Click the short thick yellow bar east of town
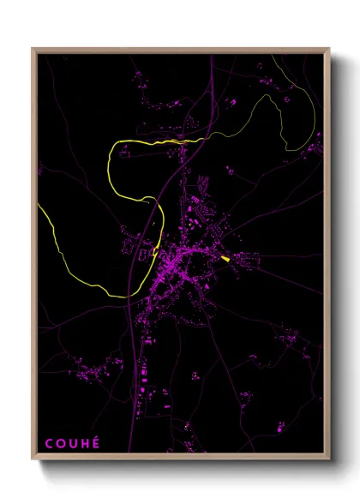point(225,258)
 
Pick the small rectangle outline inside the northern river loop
point(125,154)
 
